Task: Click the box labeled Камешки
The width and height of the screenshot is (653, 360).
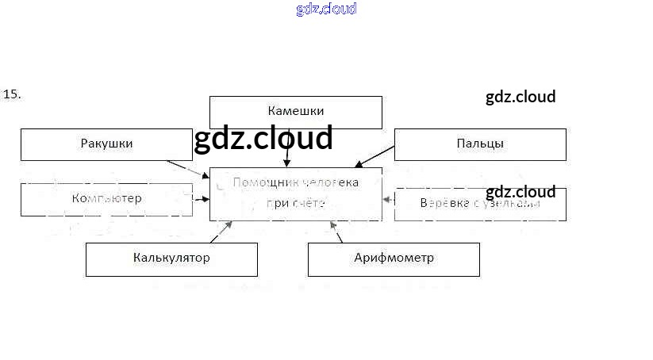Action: [295, 112]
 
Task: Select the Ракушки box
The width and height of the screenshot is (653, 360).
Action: [106, 144]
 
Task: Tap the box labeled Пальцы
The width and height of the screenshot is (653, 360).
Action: [480, 144]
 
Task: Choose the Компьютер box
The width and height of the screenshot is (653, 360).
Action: [106, 199]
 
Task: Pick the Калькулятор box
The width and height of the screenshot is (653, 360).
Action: [171, 259]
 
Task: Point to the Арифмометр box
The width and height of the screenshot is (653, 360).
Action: [394, 259]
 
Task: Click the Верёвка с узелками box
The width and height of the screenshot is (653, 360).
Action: [480, 204]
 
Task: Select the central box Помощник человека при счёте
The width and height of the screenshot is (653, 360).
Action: [295, 193]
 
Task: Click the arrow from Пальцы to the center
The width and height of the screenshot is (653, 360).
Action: [374, 157]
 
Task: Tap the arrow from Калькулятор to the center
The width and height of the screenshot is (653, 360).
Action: [221, 232]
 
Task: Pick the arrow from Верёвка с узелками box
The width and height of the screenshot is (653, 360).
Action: [388, 199]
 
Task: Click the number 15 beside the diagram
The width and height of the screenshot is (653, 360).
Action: [12, 94]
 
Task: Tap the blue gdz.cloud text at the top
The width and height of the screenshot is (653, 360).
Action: [326, 9]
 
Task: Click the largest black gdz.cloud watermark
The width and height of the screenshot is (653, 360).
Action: [263, 138]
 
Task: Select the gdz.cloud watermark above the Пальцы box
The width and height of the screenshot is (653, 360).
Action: [520, 97]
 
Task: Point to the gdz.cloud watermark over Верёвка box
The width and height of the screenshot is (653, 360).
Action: [520, 192]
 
